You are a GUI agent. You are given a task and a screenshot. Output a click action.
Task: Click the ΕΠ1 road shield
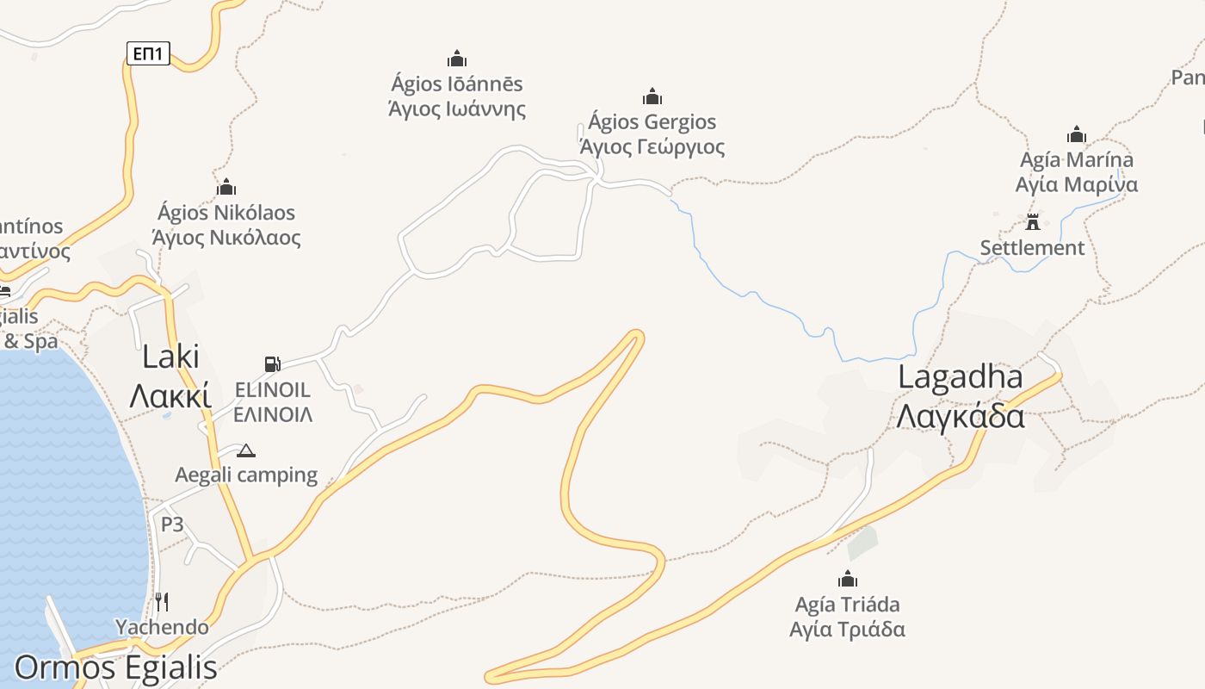point(148,53)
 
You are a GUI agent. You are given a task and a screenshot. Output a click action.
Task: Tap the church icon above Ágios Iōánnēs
point(457,59)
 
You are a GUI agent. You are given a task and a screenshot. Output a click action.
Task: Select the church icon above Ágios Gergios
point(652,96)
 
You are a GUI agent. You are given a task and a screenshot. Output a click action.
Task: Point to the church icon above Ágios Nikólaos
point(226,186)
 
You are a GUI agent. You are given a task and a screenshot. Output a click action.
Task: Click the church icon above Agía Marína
point(1076,134)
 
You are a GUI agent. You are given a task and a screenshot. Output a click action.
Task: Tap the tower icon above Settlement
point(1033,221)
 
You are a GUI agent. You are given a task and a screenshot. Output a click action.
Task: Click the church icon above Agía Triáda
point(848,578)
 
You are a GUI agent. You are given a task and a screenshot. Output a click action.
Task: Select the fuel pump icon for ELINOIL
point(272,364)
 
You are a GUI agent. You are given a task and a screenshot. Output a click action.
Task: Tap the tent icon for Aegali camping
point(246,450)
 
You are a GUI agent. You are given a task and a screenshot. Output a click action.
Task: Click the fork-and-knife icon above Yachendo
point(162,600)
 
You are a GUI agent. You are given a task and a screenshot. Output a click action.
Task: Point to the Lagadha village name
point(961,376)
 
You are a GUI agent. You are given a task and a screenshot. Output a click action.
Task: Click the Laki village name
point(170,357)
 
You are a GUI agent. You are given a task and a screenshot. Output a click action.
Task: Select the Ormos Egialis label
point(115,667)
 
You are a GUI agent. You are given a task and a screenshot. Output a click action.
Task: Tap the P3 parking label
point(172,525)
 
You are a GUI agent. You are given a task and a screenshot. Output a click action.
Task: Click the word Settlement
point(1032,248)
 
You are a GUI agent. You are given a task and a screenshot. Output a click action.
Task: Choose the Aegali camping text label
point(246,475)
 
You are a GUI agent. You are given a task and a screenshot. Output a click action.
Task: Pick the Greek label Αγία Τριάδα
point(848,629)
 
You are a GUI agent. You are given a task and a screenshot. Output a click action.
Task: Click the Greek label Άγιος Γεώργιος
point(652,146)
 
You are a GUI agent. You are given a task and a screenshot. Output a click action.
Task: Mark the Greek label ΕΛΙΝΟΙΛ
point(273,414)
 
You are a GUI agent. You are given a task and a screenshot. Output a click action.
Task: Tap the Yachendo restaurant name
point(162,627)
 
